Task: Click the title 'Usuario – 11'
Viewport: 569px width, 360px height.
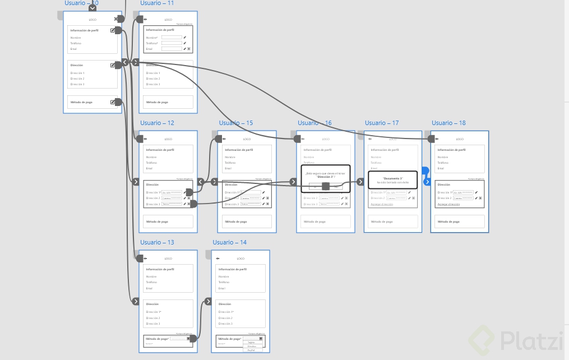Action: (x=157, y=3)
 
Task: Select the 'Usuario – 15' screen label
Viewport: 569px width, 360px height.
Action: (x=235, y=123)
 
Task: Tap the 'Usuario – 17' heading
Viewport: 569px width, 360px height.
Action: (x=382, y=123)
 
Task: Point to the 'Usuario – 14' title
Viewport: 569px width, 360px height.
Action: (x=229, y=242)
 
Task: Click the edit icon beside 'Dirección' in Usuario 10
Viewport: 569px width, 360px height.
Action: (x=113, y=65)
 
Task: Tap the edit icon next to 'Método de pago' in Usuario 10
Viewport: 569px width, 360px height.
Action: (x=113, y=102)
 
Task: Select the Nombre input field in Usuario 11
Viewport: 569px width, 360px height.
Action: (x=172, y=38)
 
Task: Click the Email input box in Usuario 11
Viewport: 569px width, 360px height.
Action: (x=172, y=49)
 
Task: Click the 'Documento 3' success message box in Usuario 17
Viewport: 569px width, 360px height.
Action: (x=392, y=180)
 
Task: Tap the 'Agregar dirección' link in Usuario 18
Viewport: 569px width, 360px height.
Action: (x=448, y=204)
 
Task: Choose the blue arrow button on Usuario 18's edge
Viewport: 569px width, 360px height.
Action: (x=427, y=182)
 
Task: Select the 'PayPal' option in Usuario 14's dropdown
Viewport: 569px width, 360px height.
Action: (x=251, y=350)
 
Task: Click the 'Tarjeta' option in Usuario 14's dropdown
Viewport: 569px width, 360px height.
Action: (x=251, y=342)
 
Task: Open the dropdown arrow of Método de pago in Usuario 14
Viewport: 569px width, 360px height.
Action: (x=261, y=339)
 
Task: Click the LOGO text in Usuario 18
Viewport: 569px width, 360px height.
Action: (x=460, y=139)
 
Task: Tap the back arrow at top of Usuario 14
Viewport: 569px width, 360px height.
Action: (x=217, y=259)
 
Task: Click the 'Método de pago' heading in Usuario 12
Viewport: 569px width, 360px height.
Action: (x=157, y=221)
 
